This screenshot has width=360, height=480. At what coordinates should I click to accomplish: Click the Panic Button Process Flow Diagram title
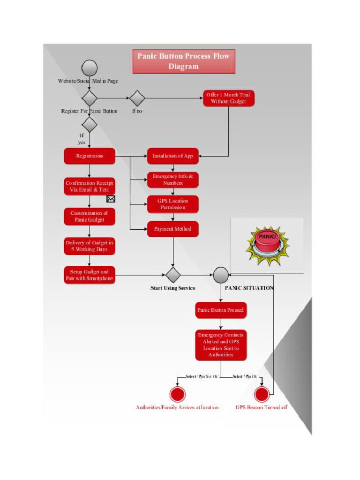(x=183, y=61)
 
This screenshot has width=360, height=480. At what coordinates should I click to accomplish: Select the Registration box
(x=90, y=156)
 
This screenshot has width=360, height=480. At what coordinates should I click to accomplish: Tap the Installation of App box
(x=172, y=156)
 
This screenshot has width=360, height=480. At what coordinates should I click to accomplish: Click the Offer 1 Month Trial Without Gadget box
(x=228, y=98)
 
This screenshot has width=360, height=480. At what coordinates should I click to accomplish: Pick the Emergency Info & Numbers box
(x=172, y=180)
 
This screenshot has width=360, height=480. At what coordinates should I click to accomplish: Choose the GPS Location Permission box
(x=172, y=204)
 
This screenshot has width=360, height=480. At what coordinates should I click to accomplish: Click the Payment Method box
(x=172, y=229)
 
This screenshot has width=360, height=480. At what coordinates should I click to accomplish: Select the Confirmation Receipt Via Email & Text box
(x=90, y=186)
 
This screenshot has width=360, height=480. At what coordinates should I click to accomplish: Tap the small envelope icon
(x=111, y=199)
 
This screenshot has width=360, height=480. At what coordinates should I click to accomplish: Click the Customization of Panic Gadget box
(x=90, y=216)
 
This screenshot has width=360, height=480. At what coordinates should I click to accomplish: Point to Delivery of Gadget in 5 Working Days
(x=90, y=246)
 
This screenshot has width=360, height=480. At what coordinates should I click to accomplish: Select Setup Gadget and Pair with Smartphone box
(x=90, y=275)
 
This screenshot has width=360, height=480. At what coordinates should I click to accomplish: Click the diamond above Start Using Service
(x=173, y=275)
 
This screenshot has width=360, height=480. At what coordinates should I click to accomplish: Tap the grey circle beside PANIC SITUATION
(x=221, y=275)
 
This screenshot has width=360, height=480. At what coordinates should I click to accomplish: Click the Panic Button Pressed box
(x=220, y=310)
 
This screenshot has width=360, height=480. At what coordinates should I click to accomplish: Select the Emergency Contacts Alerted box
(x=220, y=345)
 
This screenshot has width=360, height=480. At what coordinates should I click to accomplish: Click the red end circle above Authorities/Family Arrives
(x=178, y=394)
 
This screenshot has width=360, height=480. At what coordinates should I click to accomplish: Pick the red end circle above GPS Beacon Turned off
(x=262, y=394)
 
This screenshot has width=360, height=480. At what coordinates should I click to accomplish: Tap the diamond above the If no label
(x=137, y=98)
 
